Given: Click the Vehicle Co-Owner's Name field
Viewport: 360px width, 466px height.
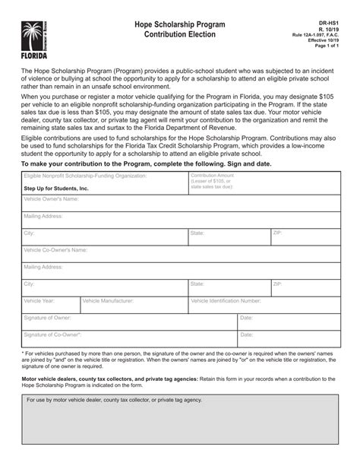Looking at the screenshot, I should pyautogui.click(x=179, y=253).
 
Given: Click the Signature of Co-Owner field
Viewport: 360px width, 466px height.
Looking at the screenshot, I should pyautogui.click(x=128, y=338).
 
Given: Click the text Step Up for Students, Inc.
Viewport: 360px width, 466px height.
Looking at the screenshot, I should pyautogui.click(x=56, y=187).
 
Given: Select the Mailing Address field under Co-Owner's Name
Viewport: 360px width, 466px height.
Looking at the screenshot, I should pyautogui.click(x=179, y=271).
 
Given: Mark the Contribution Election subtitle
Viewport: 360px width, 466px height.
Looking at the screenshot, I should pyautogui.click(x=179, y=35).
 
